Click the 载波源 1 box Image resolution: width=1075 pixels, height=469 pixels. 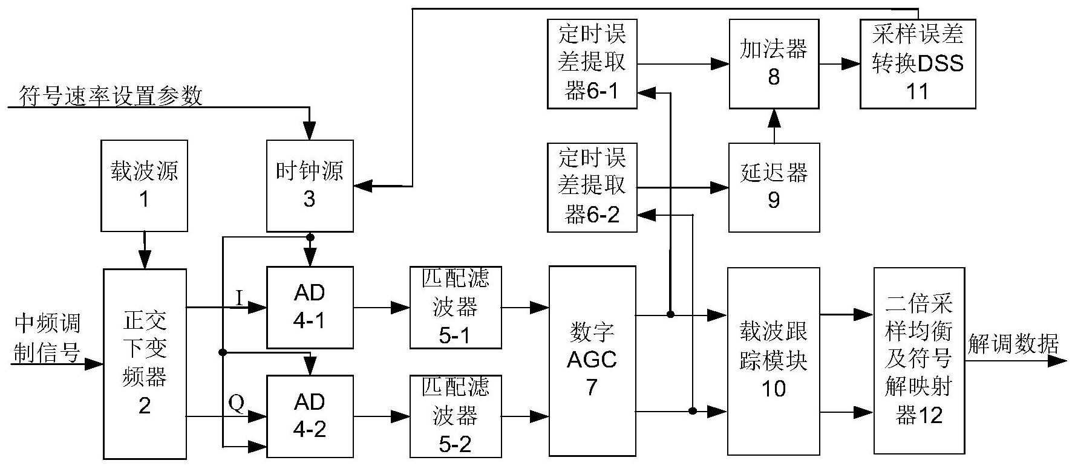(144, 186)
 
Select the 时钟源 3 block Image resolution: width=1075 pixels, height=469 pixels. (310, 186)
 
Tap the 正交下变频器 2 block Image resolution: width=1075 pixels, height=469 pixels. (145, 363)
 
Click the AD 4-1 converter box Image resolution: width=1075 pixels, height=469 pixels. (310, 307)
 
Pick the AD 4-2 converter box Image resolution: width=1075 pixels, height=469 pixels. (310, 416)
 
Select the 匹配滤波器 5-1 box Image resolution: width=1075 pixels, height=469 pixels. (456, 307)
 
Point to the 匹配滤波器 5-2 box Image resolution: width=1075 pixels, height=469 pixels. (456, 416)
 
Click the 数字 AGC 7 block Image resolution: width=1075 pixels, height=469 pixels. (592, 360)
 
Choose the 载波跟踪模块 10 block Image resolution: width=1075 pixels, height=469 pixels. (774, 361)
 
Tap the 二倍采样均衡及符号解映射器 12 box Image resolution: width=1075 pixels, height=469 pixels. (919, 361)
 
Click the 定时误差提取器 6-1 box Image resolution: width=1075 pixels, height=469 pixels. (592, 63)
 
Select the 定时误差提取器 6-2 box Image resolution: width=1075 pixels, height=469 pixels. (592, 187)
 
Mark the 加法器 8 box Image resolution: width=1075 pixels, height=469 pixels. (774, 63)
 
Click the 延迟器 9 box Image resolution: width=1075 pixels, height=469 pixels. (774, 187)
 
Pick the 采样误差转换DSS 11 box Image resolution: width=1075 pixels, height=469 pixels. (918, 63)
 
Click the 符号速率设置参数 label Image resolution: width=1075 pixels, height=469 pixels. (111, 95)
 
